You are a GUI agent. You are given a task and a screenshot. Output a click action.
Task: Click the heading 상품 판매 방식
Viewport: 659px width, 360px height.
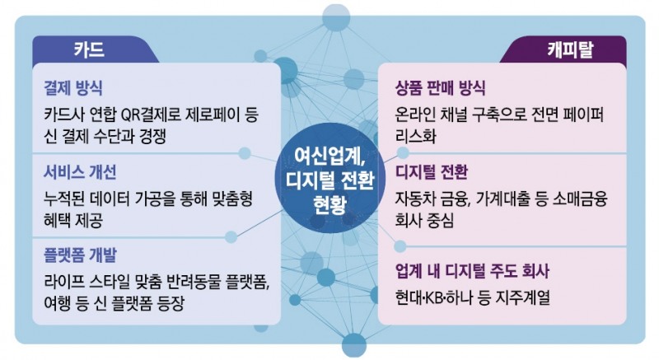click(442, 87)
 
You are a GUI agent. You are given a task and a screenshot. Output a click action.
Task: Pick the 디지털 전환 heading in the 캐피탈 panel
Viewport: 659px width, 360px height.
click(432, 174)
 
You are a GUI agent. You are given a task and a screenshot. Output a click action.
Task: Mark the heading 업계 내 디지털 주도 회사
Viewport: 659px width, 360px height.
click(473, 271)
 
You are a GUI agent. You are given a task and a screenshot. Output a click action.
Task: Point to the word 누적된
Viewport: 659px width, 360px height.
click(65, 199)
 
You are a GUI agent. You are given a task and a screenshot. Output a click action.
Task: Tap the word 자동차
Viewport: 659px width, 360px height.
click(418, 199)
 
